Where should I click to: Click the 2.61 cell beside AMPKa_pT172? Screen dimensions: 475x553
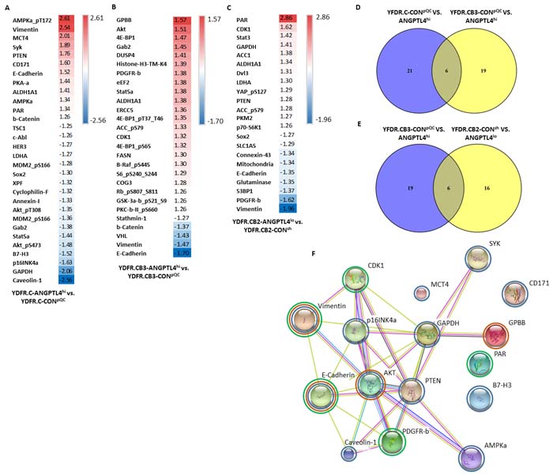pos(67,17)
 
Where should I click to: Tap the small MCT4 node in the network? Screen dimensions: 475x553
pos(421,293)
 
